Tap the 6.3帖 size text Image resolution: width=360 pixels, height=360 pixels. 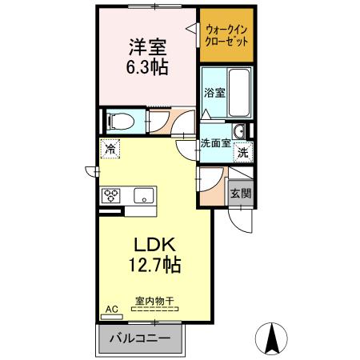[x=149, y=68]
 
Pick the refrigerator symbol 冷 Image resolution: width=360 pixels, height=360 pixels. [x=110, y=149]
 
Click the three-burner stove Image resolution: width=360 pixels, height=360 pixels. [x=110, y=195]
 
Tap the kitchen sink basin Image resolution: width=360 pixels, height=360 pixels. [x=145, y=195]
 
